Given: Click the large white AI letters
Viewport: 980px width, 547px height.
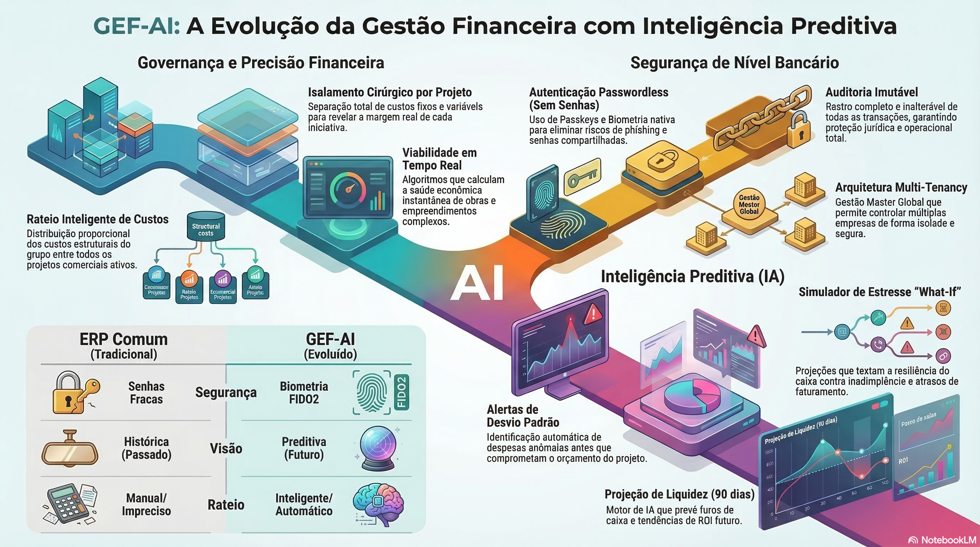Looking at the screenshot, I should click(x=477, y=283).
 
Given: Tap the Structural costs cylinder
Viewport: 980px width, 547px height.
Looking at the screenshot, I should click(x=206, y=227).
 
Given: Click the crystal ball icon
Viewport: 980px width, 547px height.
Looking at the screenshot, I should click(x=378, y=448).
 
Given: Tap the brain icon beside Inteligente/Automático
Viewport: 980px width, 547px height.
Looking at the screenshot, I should click(x=378, y=504).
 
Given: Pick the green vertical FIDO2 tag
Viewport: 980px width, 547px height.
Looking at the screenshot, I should click(x=402, y=392).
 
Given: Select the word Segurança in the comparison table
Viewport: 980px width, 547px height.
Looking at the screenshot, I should click(x=226, y=392).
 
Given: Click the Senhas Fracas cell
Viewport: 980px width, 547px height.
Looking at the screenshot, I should click(x=146, y=392).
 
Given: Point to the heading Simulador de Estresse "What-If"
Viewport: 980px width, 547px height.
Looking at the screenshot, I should click(x=880, y=292).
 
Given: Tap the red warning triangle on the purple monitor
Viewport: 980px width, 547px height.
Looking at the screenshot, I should click(x=592, y=314).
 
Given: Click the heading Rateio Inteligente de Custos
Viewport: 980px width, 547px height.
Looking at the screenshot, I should click(x=97, y=219).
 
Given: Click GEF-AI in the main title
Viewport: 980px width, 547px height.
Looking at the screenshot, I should click(x=136, y=26).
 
